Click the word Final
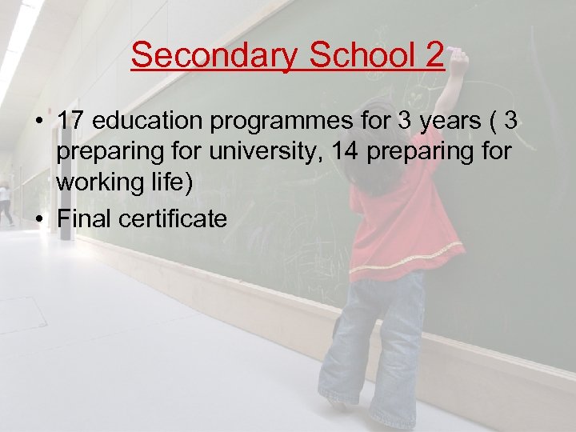click(87, 218)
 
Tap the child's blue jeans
click(376, 336)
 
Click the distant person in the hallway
click(6, 202)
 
